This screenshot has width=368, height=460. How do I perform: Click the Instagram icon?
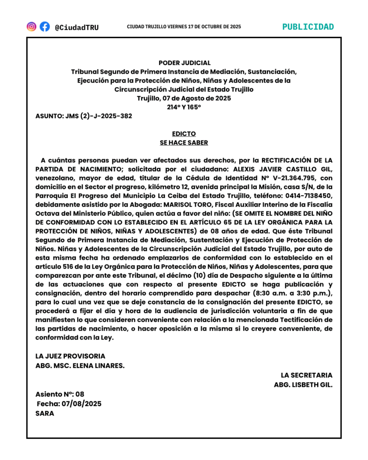tap(31, 27)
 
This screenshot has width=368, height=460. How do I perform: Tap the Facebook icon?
tap(44, 27)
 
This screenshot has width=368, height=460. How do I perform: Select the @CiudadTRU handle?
tap(76, 27)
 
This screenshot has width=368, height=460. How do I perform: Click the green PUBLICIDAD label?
tap(308, 27)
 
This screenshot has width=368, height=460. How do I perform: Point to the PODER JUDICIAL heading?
tap(184, 63)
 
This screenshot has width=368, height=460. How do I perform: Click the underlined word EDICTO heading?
tap(184, 134)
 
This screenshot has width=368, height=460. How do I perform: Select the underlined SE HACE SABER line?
tap(184, 143)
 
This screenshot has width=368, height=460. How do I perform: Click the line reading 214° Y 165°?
tap(184, 107)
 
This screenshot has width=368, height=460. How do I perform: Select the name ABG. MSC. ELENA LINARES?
tap(80, 365)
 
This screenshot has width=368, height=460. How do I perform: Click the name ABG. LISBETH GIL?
tap(303, 385)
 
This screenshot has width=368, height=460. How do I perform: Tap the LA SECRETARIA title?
tap(307, 375)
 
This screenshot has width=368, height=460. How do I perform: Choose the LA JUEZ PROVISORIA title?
tap(71, 356)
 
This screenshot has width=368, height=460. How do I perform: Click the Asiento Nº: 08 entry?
tap(60, 394)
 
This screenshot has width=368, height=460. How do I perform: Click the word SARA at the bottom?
tap(45, 413)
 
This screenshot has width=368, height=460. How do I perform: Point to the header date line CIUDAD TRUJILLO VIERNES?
tap(184, 27)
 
